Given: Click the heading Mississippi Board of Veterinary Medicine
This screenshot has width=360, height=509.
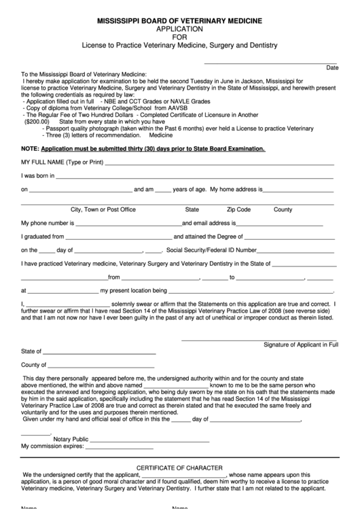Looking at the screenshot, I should point(179,22).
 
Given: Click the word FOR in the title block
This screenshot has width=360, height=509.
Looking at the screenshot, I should point(179,37).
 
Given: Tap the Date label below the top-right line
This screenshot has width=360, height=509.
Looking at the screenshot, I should point(332,68).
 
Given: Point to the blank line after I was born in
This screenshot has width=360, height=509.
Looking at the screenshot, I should point(194,178).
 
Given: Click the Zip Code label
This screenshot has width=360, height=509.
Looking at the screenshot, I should point(239,209).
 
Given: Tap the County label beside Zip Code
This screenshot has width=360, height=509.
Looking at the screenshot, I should point(283,209).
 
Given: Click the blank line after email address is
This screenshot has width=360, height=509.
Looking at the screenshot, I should point(285,224).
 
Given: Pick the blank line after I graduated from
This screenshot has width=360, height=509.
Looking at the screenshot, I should point(118,239).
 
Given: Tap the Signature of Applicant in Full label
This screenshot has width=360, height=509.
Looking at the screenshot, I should point(300,345).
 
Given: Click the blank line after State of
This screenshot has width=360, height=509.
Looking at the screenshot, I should point(99,354).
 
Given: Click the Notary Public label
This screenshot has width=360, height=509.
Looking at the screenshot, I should point(71,439).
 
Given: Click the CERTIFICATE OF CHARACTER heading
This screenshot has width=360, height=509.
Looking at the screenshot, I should point(179,468).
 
